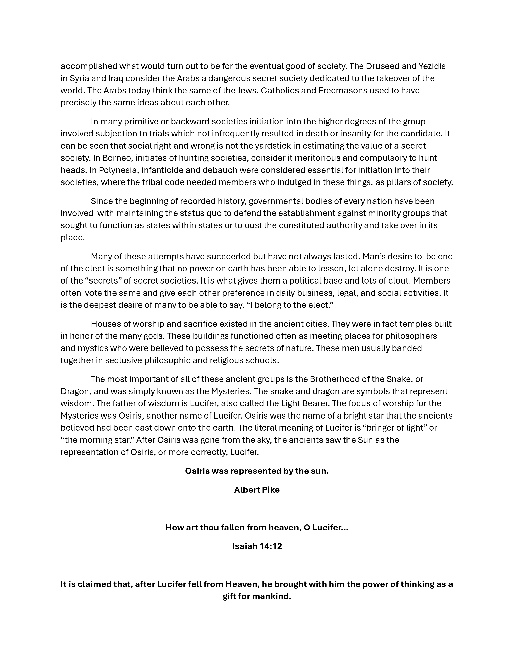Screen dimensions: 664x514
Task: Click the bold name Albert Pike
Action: (x=257, y=490)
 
